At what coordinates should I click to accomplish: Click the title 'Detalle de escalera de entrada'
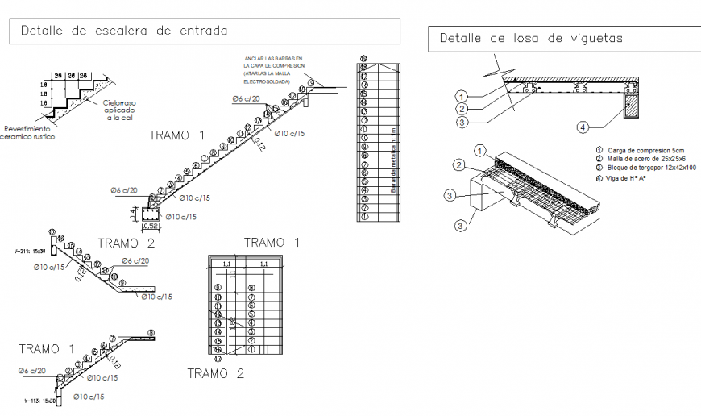pos(124,31)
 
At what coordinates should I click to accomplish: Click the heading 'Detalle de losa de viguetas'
pos(531,38)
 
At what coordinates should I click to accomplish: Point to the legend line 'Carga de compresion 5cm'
pos(640,150)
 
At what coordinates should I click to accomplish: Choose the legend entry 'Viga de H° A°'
pos(625,178)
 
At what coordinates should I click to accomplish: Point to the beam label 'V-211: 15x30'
pos(29,252)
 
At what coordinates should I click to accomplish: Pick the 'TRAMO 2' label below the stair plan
pos(215,373)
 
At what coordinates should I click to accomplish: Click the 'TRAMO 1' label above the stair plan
pos(272,243)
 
